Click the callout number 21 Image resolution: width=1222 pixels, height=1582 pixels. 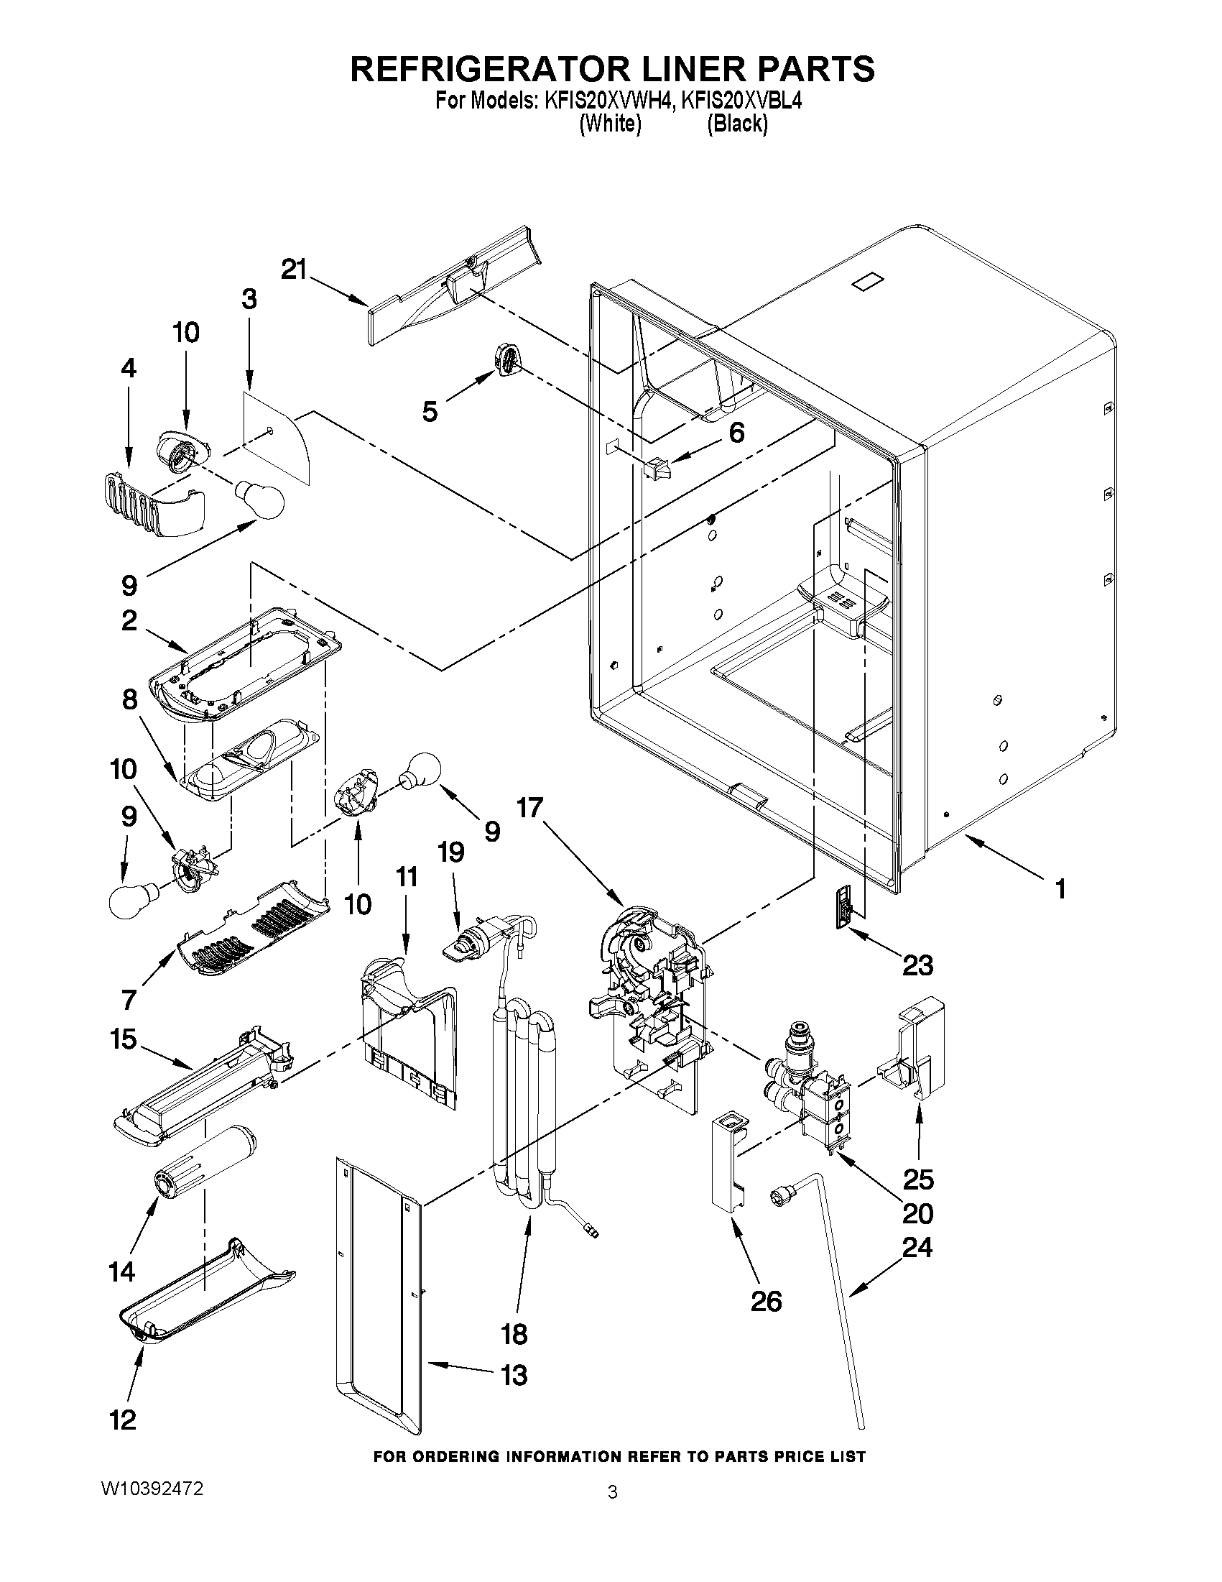tap(294, 270)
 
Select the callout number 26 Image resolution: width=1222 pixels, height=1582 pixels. tap(766, 1301)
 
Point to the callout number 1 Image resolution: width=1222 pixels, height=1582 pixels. tap(1060, 889)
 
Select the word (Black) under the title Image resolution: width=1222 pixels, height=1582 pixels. tap(736, 124)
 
